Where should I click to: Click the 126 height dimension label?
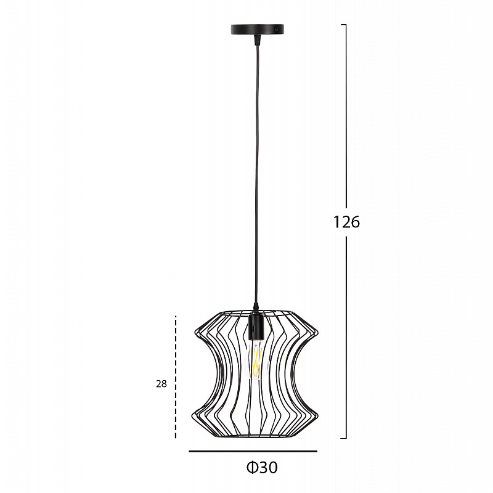tap(346, 222)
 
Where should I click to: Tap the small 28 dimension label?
tap(161, 384)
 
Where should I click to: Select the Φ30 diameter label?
tap(262, 468)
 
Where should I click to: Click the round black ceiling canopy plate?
tap(257, 30)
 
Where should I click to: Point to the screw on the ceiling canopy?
tap(275, 29)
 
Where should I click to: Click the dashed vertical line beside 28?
tap(176, 377)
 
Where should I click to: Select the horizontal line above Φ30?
tap(253, 451)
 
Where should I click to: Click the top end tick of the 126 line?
tap(344, 25)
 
